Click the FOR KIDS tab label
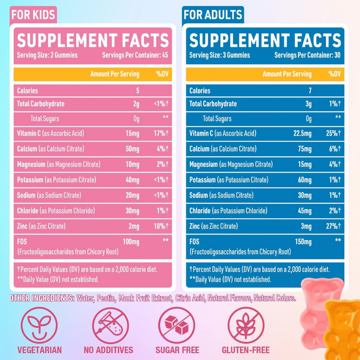(x=33, y=14)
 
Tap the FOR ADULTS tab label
(x=212, y=14)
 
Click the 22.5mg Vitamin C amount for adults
(x=302, y=133)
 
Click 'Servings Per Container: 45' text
(x=135, y=55)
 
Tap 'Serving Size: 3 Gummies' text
(x=220, y=55)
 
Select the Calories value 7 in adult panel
(x=310, y=91)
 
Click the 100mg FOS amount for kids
(x=131, y=242)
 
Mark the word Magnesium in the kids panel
(x=31, y=164)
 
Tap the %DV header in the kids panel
(x=162, y=74)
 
